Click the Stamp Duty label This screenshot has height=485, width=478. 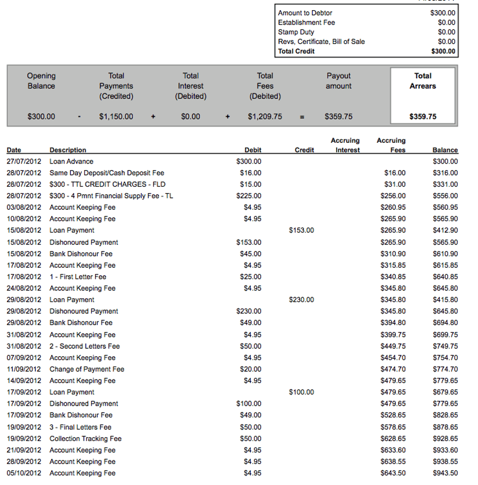(296, 32)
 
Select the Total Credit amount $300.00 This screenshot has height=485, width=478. (443, 52)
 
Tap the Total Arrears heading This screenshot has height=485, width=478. (423, 81)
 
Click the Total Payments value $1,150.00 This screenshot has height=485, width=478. (116, 116)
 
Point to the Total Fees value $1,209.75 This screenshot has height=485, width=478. (265, 116)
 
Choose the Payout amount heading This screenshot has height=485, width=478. (338, 81)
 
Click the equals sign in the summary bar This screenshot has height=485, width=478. (302, 116)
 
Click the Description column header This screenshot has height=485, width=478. (68, 150)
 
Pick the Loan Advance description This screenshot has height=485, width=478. (71, 161)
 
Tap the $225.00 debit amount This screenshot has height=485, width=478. (249, 196)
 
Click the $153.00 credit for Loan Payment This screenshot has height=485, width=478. (301, 231)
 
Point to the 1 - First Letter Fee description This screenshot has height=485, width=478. (78, 277)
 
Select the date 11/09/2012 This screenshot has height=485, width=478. (24, 369)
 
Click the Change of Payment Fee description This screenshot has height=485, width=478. (87, 369)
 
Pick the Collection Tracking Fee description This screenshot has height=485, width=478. (85, 438)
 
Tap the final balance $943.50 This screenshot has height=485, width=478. (445, 473)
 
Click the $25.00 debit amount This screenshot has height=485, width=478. (251, 277)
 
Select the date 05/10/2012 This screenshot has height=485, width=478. (24, 473)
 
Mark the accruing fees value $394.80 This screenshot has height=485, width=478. (393, 323)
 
